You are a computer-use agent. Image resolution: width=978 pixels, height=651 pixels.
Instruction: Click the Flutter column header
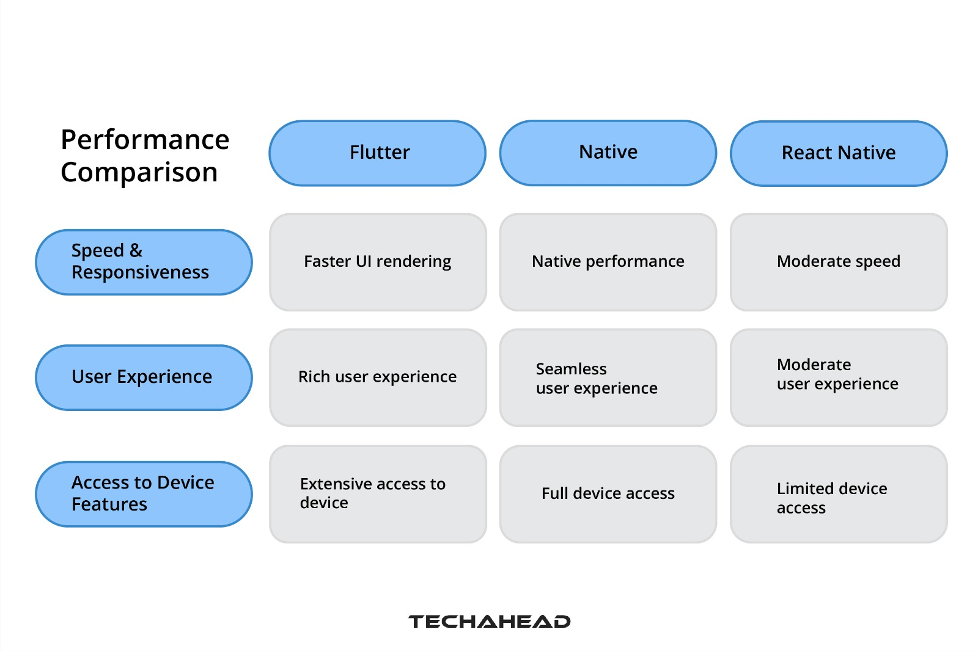pyautogui.click(x=378, y=153)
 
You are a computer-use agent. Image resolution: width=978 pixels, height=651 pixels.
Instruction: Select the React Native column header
pyautogui.click(x=839, y=153)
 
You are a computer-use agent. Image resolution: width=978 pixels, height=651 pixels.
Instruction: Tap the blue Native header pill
pyautogui.click(x=608, y=152)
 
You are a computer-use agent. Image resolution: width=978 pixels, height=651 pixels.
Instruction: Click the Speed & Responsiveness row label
pyautogui.click(x=144, y=262)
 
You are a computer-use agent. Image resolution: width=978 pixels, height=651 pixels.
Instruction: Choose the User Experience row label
pyautogui.click(x=144, y=377)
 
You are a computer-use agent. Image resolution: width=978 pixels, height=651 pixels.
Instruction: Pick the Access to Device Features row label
pyautogui.click(x=144, y=493)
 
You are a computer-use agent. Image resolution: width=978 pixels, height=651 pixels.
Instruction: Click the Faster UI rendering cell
pyautogui.click(x=378, y=262)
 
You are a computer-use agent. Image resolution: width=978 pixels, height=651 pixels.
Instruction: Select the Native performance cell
pyautogui.click(x=608, y=262)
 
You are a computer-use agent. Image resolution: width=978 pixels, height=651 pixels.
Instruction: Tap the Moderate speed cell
pyautogui.click(x=839, y=262)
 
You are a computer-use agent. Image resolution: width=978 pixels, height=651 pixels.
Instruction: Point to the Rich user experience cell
pyautogui.click(x=378, y=377)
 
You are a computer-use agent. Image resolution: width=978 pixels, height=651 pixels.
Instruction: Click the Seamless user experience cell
pyautogui.click(x=608, y=377)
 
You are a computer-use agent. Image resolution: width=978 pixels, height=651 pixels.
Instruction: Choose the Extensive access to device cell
pyautogui.click(x=378, y=493)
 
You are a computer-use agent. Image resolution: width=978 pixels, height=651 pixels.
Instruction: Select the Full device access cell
pyautogui.click(x=608, y=493)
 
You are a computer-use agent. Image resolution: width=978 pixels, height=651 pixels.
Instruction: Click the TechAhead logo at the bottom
pyautogui.click(x=489, y=622)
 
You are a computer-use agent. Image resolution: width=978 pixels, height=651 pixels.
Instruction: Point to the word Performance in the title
pyautogui.click(x=145, y=140)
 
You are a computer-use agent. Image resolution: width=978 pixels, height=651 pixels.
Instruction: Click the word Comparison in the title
pyautogui.click(x=139, y=173)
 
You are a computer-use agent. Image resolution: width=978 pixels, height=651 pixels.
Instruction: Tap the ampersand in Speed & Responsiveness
pyautogui.click(x=136, y=250)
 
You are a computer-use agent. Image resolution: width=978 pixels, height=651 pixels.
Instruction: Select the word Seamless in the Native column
pyautogui.click(x=571, y=369)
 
